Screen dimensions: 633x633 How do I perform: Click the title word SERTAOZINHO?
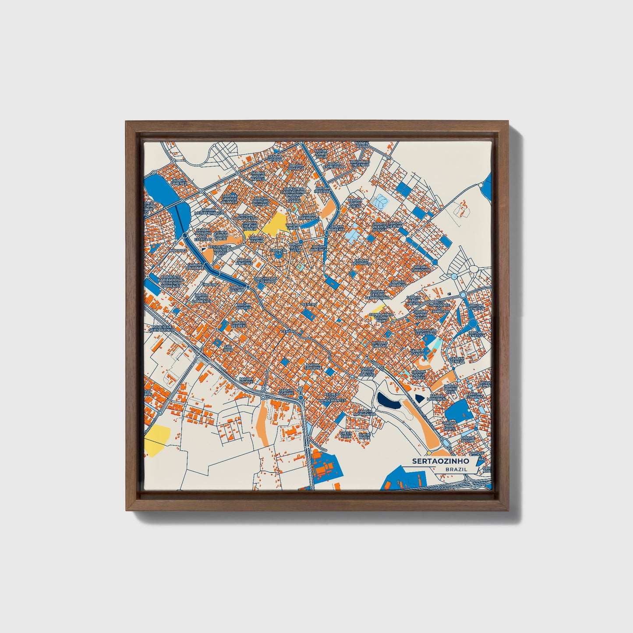(x=440, y=461)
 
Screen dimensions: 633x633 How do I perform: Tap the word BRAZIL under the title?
(x=456, y=469)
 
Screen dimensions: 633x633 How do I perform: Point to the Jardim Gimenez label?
(x=179, y=182)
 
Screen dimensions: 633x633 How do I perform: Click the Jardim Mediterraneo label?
(x=206, y=212)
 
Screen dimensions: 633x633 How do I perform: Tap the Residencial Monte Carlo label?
(x=220, y=250)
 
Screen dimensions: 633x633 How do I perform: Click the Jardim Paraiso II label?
(x=422, y=268)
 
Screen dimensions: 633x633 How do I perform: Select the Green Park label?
(x=346, y=435)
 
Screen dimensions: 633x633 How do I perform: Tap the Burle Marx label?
(x=364, y=435)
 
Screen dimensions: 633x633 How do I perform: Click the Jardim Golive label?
(x=246, y=380)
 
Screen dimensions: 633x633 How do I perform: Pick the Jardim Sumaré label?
(x=286, y=392)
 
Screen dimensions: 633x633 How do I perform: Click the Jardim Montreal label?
(x=436, y=397)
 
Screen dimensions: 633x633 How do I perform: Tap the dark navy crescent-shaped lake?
(x=388, y=400)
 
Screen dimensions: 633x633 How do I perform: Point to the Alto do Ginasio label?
(x=379, y=344)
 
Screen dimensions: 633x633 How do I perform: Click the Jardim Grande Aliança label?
(x=230, y=199)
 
